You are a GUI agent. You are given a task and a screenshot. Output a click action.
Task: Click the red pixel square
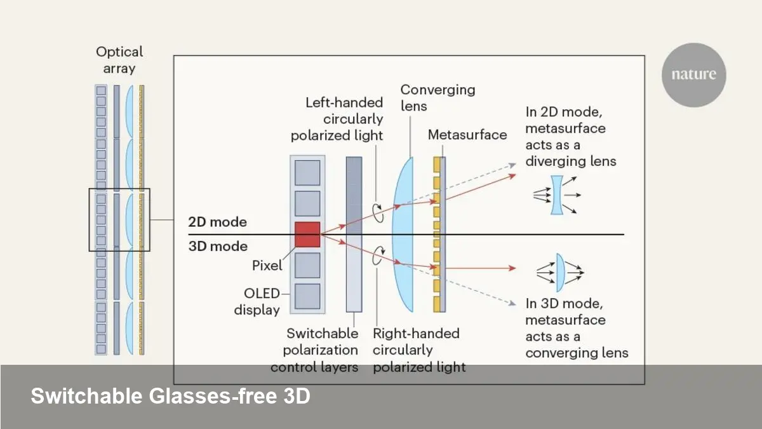click(308, 234)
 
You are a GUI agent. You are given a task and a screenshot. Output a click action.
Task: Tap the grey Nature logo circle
click(693, 74)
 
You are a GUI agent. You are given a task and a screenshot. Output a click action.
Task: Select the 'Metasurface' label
click(467, 135)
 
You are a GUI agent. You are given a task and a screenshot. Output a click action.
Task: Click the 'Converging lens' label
click(438, 97)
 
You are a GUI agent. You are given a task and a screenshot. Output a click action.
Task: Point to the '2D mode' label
click(217, 223)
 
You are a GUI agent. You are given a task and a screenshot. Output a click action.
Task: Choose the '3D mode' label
click(217, 247)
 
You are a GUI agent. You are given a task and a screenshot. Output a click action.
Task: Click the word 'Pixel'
click(267, 266)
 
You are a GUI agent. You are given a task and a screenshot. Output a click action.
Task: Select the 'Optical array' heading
click(119, 60)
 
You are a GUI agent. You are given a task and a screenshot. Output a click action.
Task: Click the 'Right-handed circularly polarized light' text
click(419, 350)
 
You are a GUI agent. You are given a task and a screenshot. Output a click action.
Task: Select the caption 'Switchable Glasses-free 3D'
click(170, 397)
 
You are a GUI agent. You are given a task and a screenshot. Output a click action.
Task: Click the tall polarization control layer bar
click(354, 233)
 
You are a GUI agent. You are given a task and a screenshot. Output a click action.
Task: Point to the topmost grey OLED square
click(308, 173)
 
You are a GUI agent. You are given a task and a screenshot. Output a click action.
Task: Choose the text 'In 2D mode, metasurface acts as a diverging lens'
click(570, 136)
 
